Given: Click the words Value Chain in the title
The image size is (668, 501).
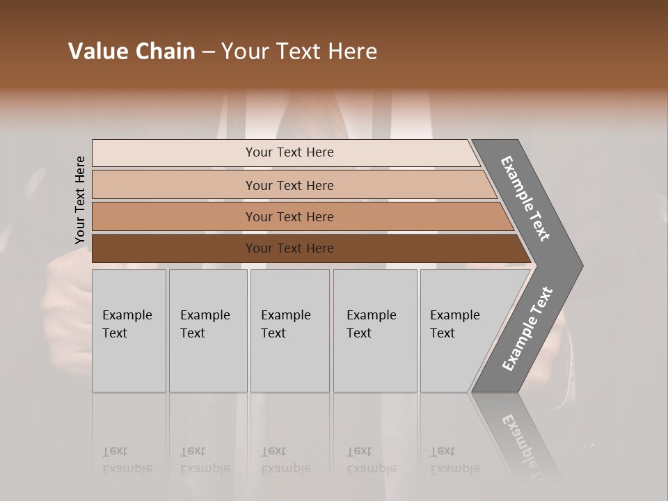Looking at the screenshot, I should pyautogui.click(x=132, y=51).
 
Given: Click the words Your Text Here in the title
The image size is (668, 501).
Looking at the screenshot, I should pyautogui.click(x=299, y=51).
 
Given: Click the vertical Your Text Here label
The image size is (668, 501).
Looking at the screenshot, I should pyautogui.click(x=80, y=200).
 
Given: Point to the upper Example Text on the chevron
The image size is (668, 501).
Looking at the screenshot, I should pyautogui.click(x=525, y=198).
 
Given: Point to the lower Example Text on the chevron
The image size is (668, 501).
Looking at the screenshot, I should pyautogui.click(x=527, y=328).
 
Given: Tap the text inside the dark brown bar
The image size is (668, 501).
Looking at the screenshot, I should pyautogui.click(x=289, y=248).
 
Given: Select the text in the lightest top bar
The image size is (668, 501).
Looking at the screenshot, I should pyautogui.click(x=289, y=152).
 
